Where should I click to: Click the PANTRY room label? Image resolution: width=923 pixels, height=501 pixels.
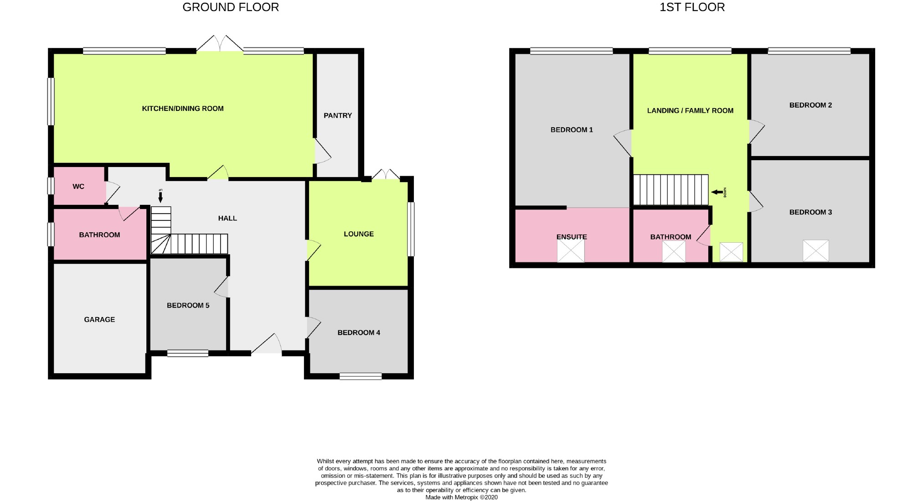pyautogui.click(x=338, y=115)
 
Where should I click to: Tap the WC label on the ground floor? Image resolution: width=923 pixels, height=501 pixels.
pyautogui.click(x=78, y=187)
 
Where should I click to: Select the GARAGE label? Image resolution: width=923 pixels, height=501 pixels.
pyautogui.click(x=99, y=319)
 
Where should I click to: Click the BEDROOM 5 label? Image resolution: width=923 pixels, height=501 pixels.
pyautogui.click(x=188, y=305)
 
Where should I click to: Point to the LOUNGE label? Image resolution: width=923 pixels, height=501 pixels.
pyautogui.click(x=359, y=234)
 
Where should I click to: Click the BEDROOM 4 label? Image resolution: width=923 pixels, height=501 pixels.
pyautogui.click(x=359, y=333)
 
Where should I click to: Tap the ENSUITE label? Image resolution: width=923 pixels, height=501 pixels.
pyautogui.click(x=572, y=237)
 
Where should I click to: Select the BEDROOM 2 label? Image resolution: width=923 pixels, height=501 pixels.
pyautogui.click(x=810, y=105)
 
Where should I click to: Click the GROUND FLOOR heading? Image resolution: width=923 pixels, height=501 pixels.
pyautogui.click(x=231, y=7)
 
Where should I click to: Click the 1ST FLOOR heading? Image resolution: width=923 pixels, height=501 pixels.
pyautogui.click(x=692, y=7)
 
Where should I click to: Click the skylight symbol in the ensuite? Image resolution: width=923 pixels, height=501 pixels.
pyautogui.click(x=571, y=251)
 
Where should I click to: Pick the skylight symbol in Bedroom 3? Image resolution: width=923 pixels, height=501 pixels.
pyautogui.click(x=815, y=250)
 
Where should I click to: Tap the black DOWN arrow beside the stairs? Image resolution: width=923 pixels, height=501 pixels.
pyautogui.click(x=717, y=192)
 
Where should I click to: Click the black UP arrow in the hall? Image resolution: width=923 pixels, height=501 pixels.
pyautogui.click(x=160, y=197)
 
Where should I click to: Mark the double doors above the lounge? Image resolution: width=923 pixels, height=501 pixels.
pyautogui.click(x=386, y=175)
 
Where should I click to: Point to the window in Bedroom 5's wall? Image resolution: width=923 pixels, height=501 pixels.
pyautogui.click(x=188, y=353)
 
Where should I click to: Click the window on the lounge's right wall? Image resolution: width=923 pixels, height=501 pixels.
pyautogui.click(x=411, y=229)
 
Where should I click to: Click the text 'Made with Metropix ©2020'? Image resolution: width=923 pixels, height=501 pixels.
pyautogui.click(x=461, y=497)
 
